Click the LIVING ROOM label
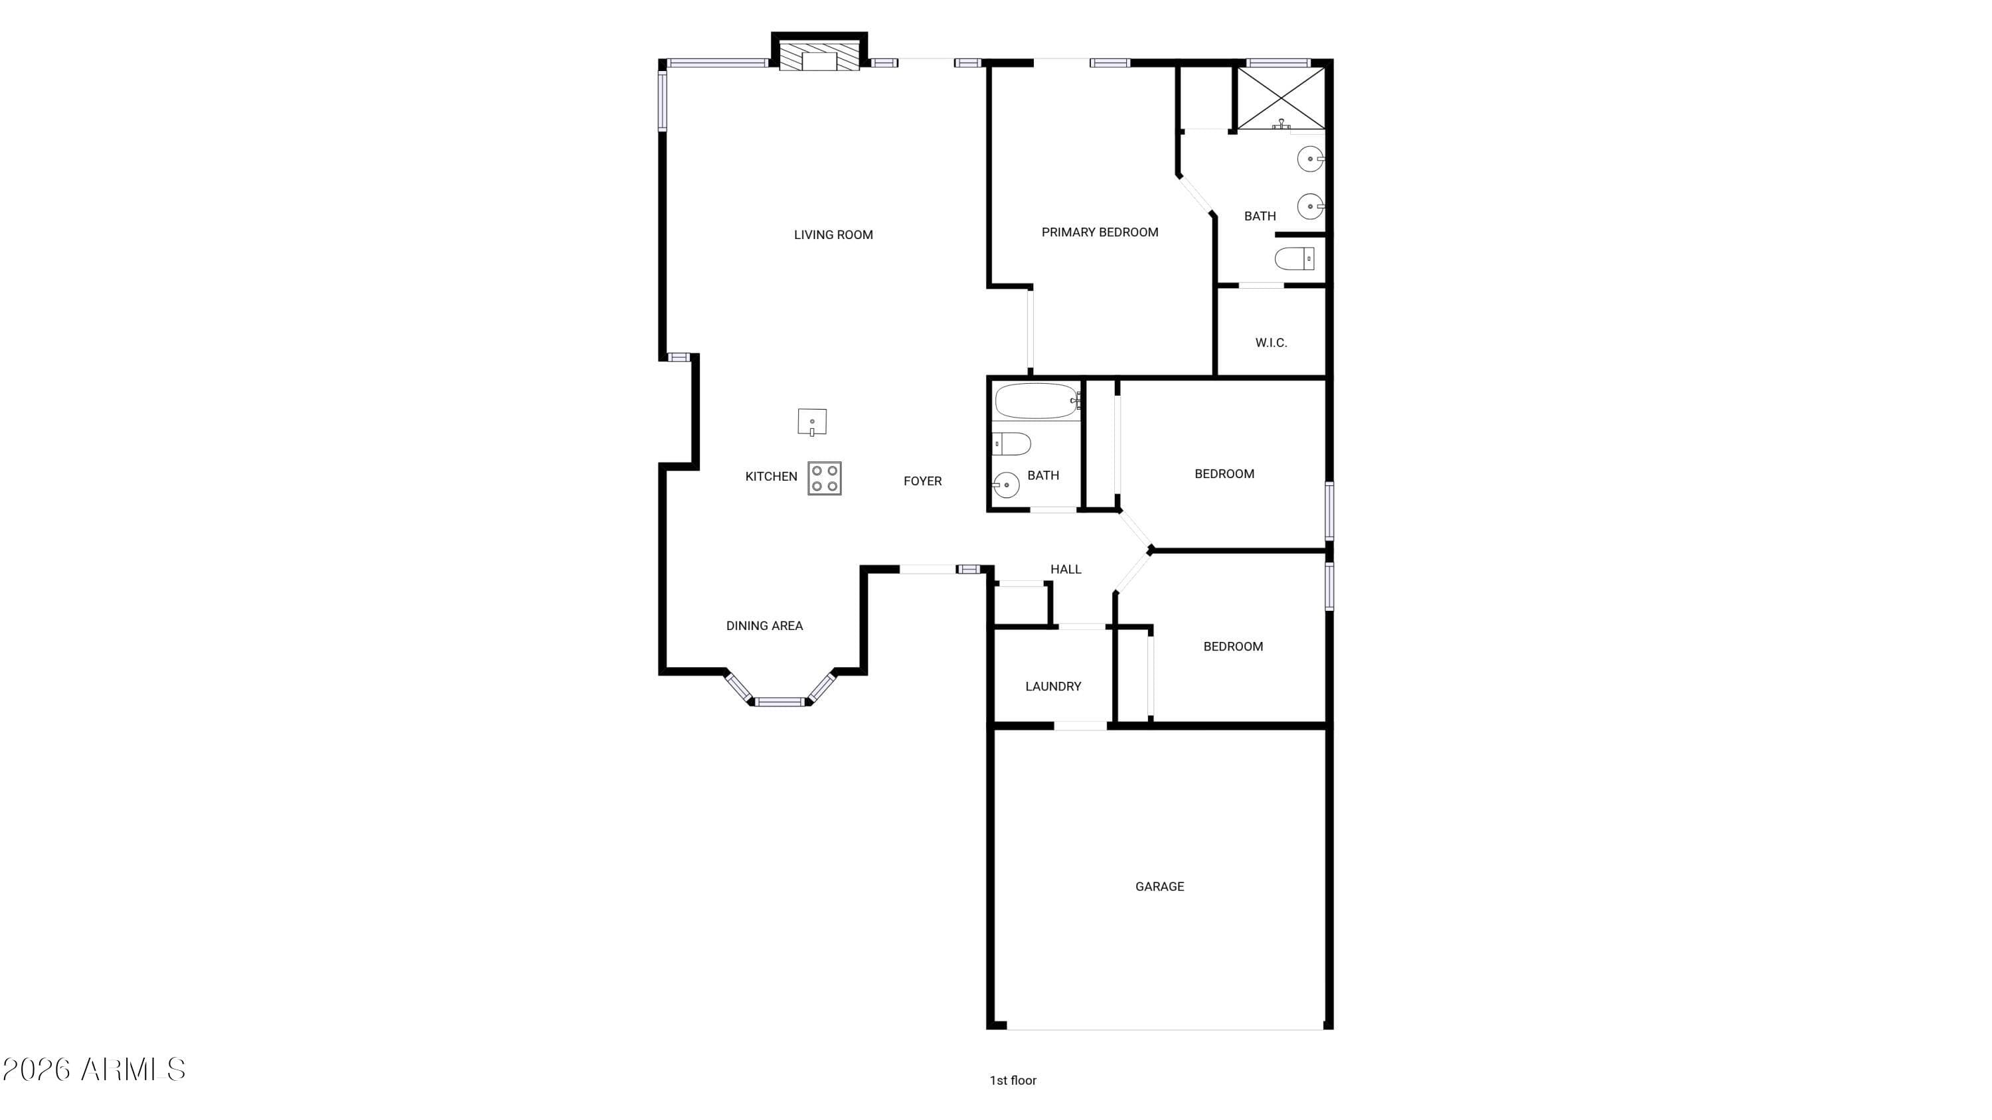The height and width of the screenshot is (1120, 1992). [833, 235]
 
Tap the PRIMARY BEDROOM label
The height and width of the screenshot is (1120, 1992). [1099, 232]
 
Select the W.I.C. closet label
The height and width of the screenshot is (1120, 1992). [1270, 343]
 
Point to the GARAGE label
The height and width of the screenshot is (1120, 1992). [1159, 886]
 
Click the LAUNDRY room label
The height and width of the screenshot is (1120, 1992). [1052, 686]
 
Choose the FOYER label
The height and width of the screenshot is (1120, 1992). [922, 481]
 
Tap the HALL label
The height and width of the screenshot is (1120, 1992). [1065, 570]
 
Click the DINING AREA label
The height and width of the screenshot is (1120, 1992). [764, 626]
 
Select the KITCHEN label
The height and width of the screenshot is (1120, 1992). [770, 477]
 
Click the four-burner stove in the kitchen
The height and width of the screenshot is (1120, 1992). [824, 479]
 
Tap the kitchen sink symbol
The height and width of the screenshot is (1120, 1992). [812, 422]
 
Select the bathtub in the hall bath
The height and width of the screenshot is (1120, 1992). [1037, 401]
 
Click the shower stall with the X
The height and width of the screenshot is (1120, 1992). [1281, 98]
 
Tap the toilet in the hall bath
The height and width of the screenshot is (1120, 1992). [1011, 444]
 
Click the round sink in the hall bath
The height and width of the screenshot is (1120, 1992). [1006, 485]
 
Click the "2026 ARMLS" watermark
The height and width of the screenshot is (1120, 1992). [94, 1070]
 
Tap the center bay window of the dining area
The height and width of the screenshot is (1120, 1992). [780, 702]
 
